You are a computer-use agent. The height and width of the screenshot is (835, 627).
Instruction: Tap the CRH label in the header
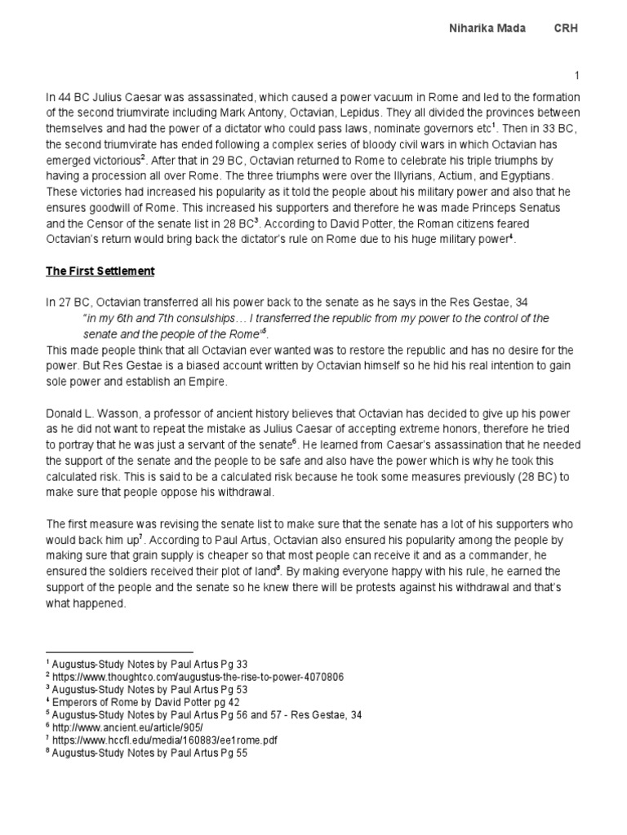pos(567,29)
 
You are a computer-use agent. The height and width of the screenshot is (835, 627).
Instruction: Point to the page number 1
pos(576,76)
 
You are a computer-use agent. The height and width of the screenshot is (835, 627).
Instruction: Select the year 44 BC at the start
pos(71,98)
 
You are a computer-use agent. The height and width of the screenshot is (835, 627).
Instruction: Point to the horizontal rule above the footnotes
pos(119,652)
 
